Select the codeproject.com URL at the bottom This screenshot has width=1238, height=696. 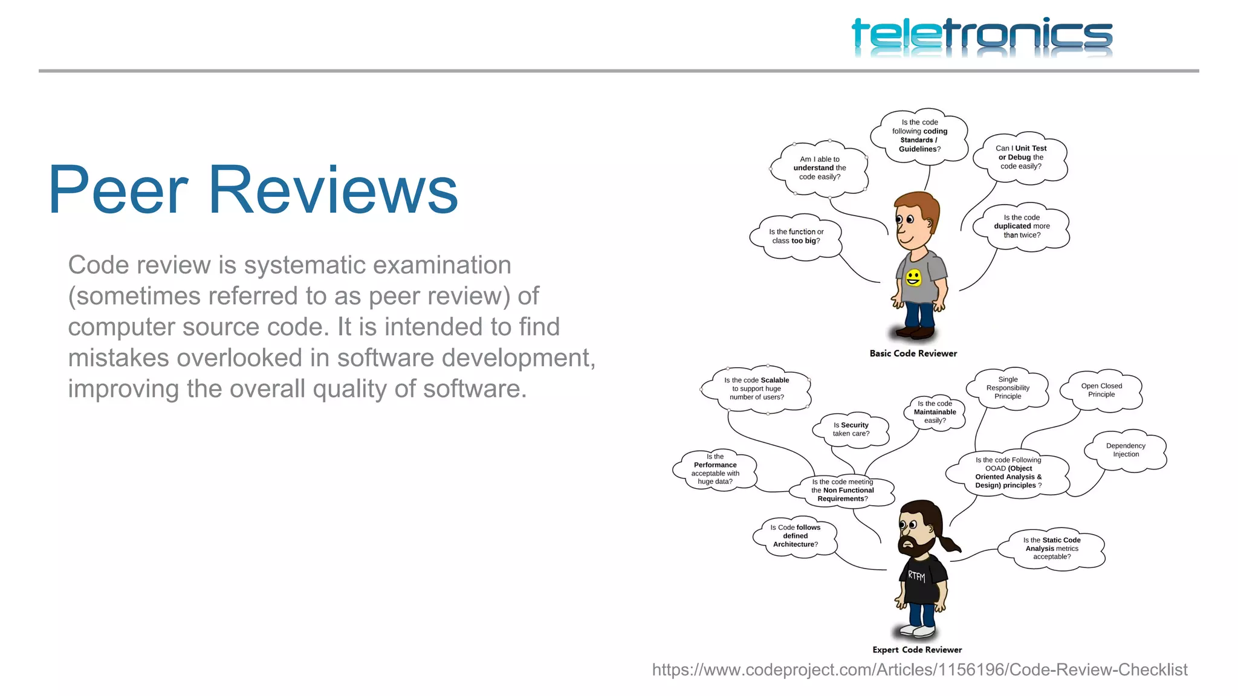click(919, 669)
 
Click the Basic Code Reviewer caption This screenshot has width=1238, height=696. click(913, 353)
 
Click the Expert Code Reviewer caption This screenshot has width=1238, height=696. click(917, 649)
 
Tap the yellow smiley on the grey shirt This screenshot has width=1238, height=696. click(913, 278)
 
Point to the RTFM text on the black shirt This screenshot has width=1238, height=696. click(916, 576)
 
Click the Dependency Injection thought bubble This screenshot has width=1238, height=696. click(1125, 450)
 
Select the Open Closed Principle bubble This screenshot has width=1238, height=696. click(1101, 390)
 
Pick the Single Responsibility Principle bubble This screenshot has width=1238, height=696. click(1008, 388)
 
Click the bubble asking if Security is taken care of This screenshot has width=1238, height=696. click(851, 429)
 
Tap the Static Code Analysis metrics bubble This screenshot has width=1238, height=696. click(1051, 549)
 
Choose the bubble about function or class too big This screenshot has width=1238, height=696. click(796, 236)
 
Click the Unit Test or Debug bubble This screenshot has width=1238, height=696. click(1020, 157)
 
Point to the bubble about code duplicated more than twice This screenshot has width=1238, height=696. click(1022, 226)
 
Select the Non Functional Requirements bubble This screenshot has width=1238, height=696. click(842, 491)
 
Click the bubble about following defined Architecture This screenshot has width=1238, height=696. click(795, 536)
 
